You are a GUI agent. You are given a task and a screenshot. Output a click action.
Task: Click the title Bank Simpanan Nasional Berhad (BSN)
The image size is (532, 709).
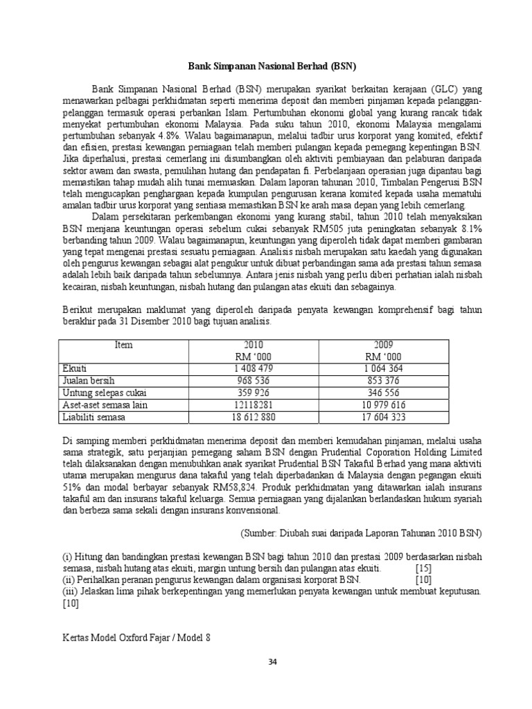click(272, 67)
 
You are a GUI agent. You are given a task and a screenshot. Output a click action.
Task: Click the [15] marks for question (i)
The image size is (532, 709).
click(423, 568)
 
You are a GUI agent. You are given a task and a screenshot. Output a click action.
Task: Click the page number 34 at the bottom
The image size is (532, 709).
click(272, 662)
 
